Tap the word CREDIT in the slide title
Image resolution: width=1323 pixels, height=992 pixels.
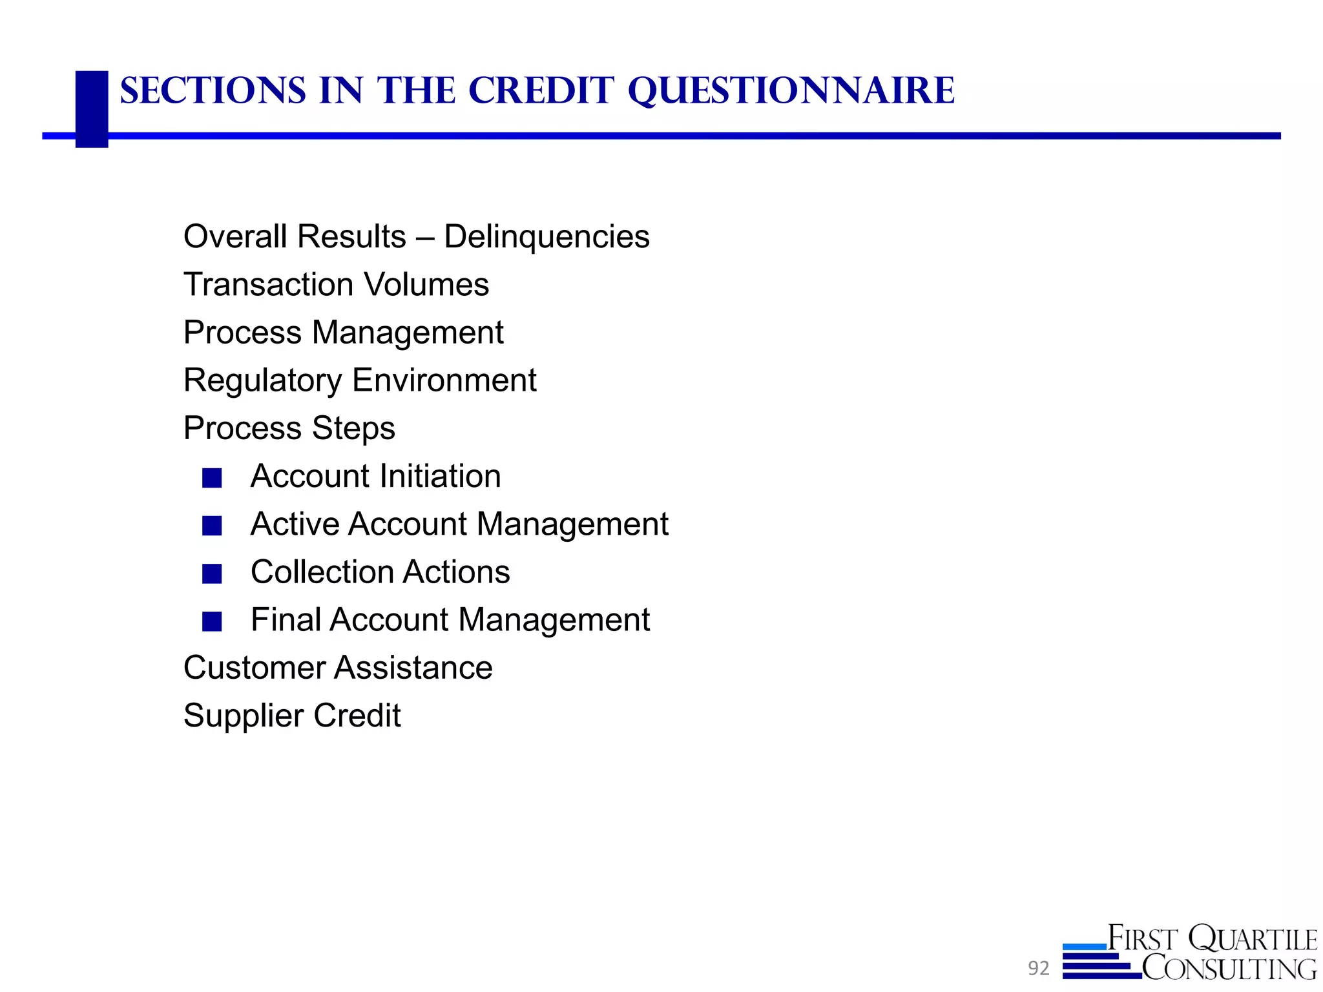pos(541,91)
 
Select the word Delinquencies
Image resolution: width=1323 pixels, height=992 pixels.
pos(547,237)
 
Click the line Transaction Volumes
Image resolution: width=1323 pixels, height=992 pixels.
pos(336,285)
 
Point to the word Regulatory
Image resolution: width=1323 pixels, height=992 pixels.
pos(262,380)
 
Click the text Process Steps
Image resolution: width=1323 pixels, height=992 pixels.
pos(289,428)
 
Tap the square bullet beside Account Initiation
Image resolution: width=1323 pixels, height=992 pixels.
pos(212,478)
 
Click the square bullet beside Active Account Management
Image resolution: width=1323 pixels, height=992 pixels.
pos(212,526)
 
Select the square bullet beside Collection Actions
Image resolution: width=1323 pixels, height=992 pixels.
pos(212,573)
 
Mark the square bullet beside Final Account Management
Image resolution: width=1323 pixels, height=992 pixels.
pos(212,621)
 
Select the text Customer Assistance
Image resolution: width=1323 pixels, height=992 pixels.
pos(337,668)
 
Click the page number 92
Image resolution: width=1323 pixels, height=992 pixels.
pos(1039,968)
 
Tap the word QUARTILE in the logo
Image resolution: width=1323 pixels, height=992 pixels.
pos(1253,938)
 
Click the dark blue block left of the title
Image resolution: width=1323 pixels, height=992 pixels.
pos(92,108)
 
